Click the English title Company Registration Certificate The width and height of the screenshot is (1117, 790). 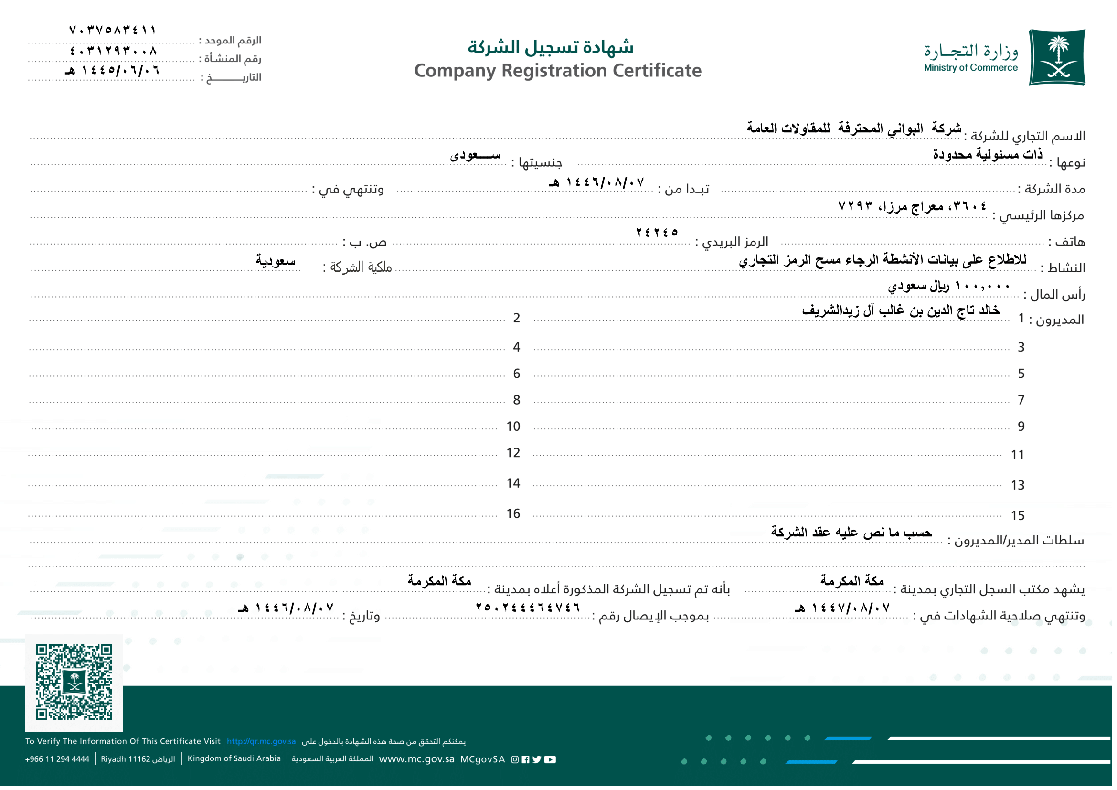557,71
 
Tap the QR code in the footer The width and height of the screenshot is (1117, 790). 74,682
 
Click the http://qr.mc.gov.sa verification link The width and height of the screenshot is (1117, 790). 261,741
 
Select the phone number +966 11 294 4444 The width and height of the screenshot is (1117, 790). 57,759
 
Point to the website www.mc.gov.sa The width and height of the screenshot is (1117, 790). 416,759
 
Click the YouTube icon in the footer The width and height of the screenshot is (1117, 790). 550,759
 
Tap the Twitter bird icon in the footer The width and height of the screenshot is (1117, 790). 537,759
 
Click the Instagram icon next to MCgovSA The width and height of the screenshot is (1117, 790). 515,759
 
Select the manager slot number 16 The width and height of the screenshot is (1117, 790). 513,514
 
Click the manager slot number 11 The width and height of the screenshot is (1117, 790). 1017,455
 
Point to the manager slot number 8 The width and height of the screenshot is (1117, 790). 516,400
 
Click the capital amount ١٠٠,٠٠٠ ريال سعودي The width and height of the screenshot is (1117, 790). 949,286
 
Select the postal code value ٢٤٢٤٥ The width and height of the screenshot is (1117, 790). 657,233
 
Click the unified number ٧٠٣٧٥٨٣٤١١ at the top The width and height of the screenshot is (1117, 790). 112,30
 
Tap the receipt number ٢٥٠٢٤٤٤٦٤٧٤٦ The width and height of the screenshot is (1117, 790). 528,607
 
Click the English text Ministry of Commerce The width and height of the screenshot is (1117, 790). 970,68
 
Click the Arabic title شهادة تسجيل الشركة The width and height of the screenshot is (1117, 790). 550,47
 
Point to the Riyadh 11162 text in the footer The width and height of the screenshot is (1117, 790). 137,759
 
